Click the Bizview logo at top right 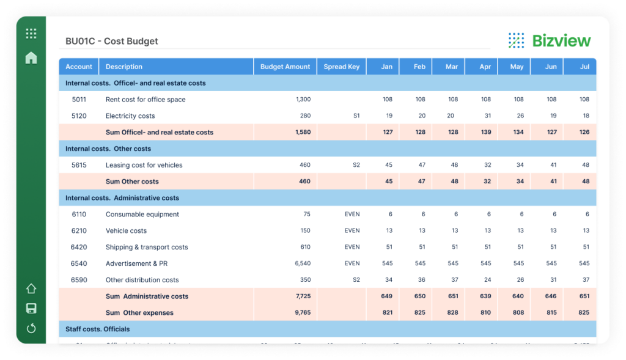tap(549, 41)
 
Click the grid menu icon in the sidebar tap(31, 34)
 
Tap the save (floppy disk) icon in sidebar tap(31, 309)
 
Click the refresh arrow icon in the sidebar tap(31, 329)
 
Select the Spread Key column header tap(341, 67)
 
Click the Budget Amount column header tap(285, 67)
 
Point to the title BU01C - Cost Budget tap(112, 42)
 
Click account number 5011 tap(79, 100)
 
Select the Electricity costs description tap(130, 116)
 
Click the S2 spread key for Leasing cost tap(356, 165)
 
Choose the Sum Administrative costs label tap(147, 296)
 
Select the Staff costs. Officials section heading tap(98, 329)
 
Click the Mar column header tap(451, 67)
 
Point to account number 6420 tap(79, 248)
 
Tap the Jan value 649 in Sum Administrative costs tap(386, 296)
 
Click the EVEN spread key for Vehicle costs tap(352, 231)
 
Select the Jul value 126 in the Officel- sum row tap(584, 133)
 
